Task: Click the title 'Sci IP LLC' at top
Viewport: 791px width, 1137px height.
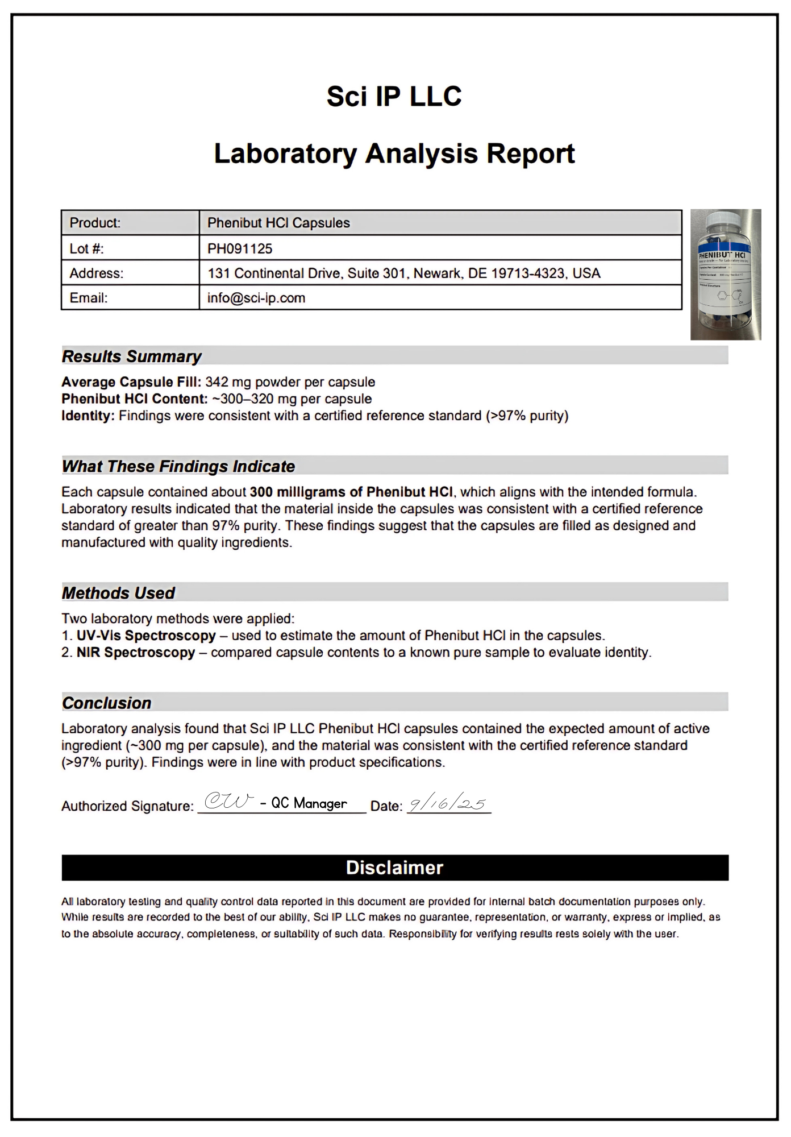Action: pos(394,96)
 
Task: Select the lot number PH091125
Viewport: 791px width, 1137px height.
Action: pos(239,248)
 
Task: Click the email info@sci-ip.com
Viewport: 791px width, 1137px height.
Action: pos(256,298)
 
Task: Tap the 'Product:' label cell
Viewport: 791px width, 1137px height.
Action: pos(95,223)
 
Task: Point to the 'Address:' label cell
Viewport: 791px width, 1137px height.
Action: pos(96,273)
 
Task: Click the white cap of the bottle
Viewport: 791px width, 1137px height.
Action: pos(722,219)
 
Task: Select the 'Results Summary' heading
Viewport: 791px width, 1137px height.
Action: pos(131,356)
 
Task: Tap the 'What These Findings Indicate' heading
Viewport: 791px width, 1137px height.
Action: pos(178,467)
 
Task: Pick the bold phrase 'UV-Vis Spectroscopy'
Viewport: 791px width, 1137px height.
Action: pos(146,636)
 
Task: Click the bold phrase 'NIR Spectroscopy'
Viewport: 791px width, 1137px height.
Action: pos(136,653)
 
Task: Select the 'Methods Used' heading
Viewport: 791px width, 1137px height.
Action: pos(118,594)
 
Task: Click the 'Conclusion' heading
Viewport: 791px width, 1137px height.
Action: pos(106,703)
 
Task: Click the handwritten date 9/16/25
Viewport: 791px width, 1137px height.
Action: pos(448,803)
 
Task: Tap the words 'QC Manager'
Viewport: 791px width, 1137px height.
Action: pos(309,803)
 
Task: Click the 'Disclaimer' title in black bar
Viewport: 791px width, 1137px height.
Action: pos(394,868)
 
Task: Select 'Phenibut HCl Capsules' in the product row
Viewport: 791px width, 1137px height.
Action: pos(278,223)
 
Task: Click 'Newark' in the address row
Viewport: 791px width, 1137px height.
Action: pos(438,273)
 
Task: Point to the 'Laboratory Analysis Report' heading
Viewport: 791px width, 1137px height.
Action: pos(394,153)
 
